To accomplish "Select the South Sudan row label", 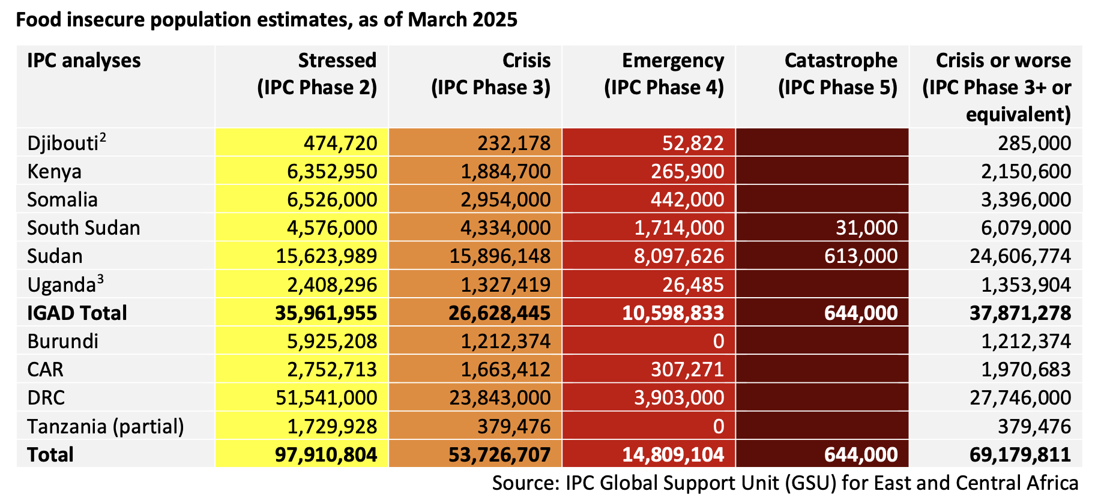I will click(83, 228).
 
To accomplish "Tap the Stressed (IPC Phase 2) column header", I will click(317, 74).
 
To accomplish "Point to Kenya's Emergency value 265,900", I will click(687, 172).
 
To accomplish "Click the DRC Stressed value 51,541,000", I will click(326, 398).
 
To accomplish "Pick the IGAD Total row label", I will click(77, 313).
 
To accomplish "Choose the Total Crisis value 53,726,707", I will click(499, 455).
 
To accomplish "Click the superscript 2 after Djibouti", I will click(103, 137).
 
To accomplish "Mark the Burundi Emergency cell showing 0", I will click(718, 342).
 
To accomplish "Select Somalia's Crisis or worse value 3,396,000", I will click(1025, 200).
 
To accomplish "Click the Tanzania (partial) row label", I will click(106, 427).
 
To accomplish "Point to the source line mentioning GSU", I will click(785, 483).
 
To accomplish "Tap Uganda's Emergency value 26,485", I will click(693, 285).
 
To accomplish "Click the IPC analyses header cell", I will click(84, 61).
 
